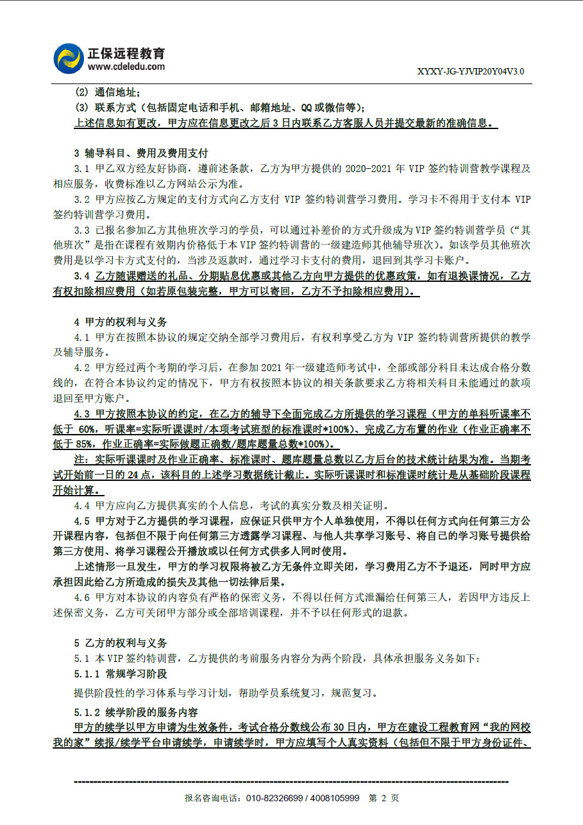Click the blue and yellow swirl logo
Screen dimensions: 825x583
click(68, 58)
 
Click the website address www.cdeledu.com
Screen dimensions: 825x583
click(126, 66)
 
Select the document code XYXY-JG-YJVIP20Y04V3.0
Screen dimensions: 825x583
click(470, 71)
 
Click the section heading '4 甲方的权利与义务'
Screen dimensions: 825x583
click(121, 322)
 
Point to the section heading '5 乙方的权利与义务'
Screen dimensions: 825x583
click(121, 643)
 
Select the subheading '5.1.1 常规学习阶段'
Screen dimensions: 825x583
click(121, 673)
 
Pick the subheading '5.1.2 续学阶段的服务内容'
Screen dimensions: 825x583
click(136, 713)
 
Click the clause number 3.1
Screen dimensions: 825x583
click(81, 168)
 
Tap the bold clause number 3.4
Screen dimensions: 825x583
click(81, 276)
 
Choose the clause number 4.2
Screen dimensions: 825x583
click(81, 368)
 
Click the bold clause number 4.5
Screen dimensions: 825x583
click(81, 521)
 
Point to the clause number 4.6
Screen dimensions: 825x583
click(81, 597)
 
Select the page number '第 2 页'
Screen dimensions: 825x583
click(384, 798)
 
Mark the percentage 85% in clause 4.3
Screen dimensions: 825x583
click(88, 444)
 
